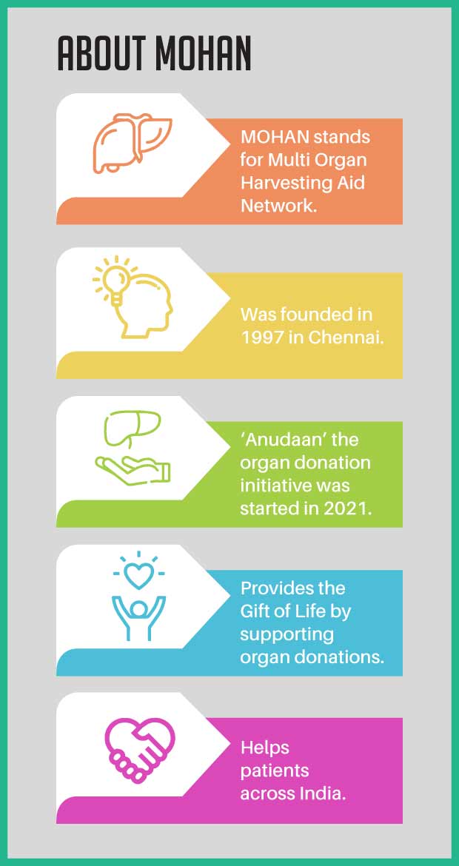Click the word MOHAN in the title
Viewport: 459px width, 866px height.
click(x=203, y=53)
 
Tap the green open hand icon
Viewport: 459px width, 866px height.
click(x=133, y=469)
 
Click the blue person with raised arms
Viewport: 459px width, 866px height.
click(x=138, y=617)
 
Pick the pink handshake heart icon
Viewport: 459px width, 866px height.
click(x=140, y=752)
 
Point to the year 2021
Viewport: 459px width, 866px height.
click(x=350, y=508)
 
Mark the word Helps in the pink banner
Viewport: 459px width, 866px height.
click(x=264, y=749)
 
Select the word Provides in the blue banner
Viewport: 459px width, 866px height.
click(x=272, y=588)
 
